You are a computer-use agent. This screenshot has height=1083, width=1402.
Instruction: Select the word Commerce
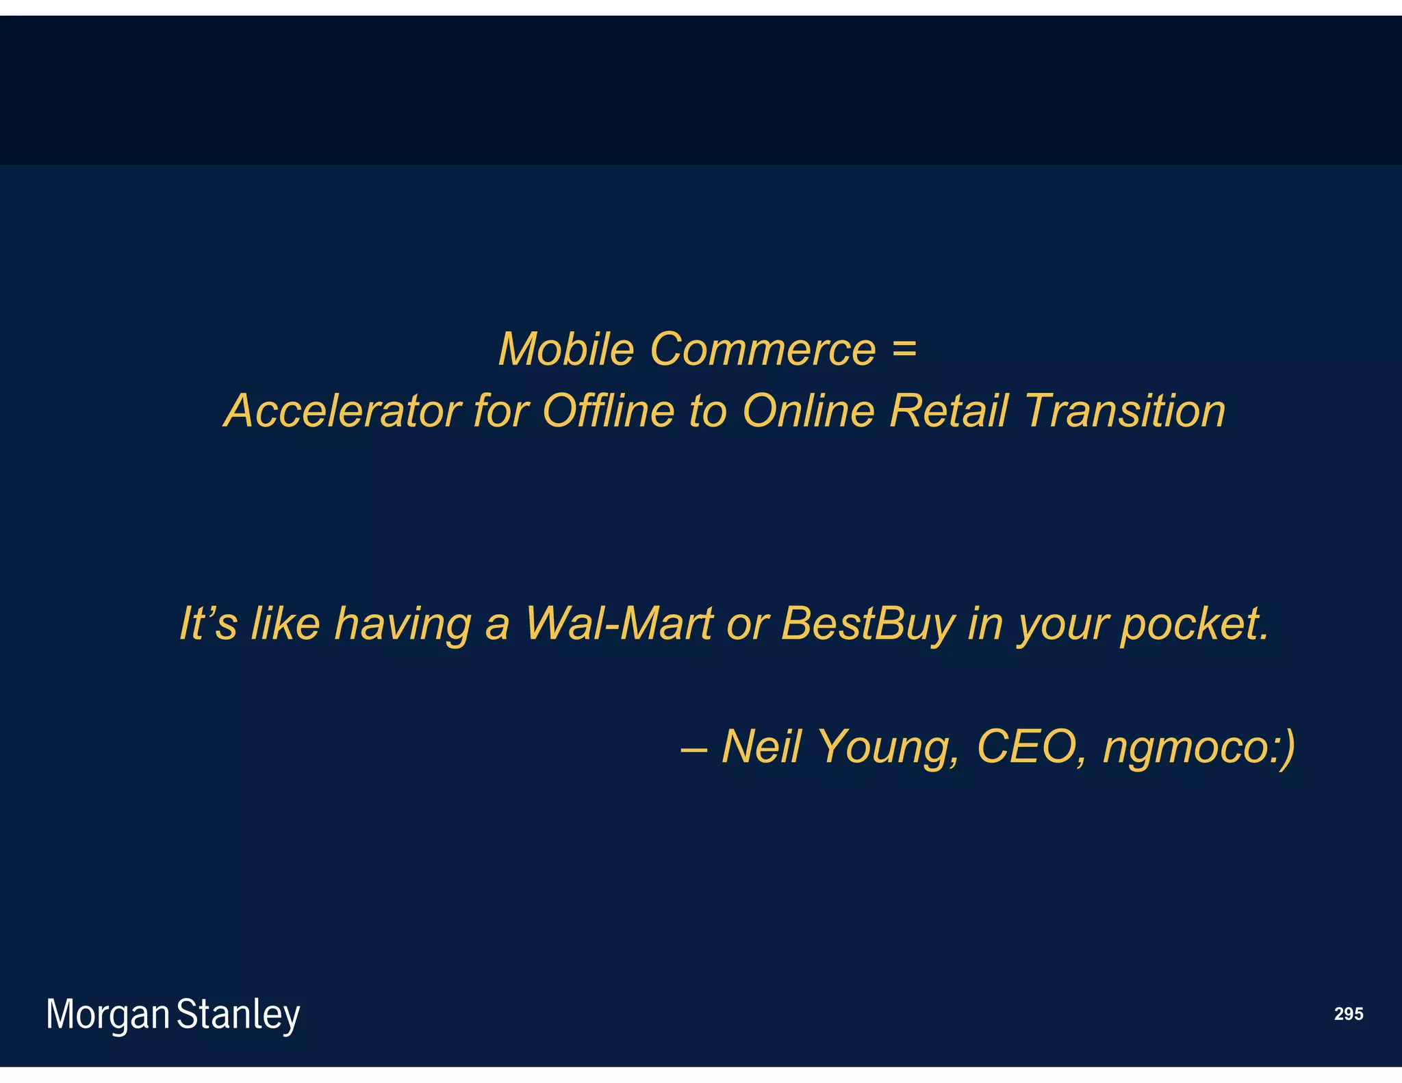pyautogui.click(x=763, y=349)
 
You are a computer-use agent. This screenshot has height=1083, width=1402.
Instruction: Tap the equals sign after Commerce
pyautogui.click(x=904, y=349)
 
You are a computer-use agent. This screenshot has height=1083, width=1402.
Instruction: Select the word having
pyautogui.click(x=402, y=625)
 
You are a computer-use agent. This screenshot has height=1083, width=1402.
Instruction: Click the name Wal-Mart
pyautogui.click(x=618, y=624)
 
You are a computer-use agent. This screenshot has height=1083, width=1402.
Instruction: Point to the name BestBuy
pyautogui.click(x=867, y=625)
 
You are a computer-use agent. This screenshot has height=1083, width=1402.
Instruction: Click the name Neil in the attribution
pyautogui.click(x=761, y=746)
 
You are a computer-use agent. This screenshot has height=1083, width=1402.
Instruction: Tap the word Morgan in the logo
pyautogui.click(x=107, y=1015)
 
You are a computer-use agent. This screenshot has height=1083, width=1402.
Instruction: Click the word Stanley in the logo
pyautogui.click(x=238, y=1015)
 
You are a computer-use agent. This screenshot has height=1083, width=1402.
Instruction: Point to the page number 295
pyautogui.click(x=1348, y=1014)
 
